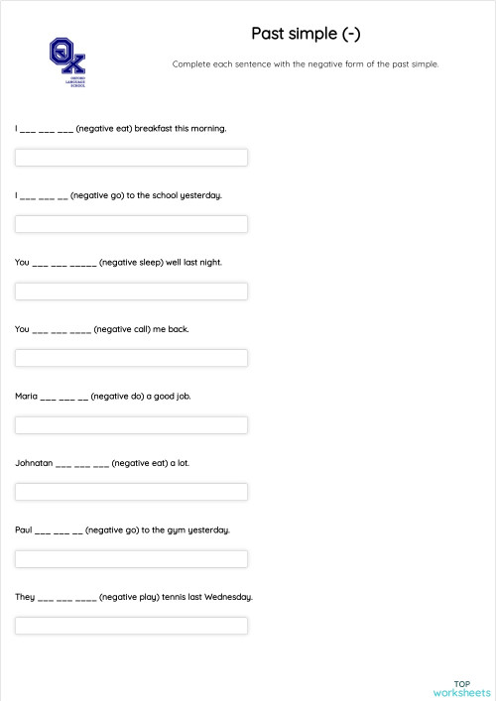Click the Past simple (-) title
[305, 35]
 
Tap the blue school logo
[67, 62]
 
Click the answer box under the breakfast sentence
[131, 158]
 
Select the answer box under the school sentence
[131, 224]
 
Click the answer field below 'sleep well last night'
[131, 292]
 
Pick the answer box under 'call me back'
[131, 358]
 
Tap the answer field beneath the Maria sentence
[131, 425]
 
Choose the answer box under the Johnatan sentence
[131, 492]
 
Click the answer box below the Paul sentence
[131, 559]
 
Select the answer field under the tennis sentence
[131, 626]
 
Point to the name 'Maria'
[26, 396]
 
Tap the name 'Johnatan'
[34, 463]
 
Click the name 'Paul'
[24, 529]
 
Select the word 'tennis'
[173, 597]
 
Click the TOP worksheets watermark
[462, 688]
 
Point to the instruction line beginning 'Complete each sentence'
[305, 64]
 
